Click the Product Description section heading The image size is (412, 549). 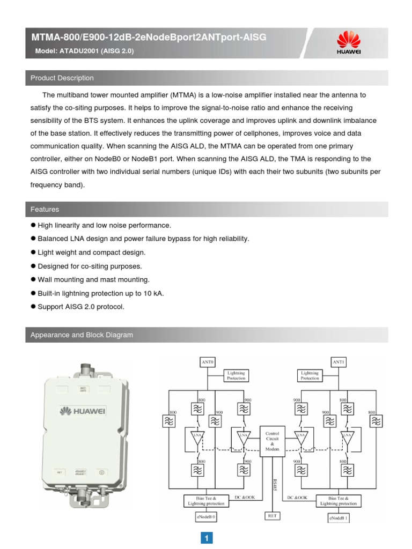[x=62, y=78]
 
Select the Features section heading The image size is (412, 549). [x=45, y=210]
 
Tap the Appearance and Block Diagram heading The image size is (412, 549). [x=82, y=335]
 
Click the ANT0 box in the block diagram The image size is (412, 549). [x=208, y=362]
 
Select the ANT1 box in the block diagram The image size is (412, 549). [x=339, y=362]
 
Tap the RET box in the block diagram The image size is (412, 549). [x=273, y=516]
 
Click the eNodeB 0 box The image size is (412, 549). [x=207, y=517]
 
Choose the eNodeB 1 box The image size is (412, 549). [x=339, y=518]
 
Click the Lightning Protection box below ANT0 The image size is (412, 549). [x=236, y=375]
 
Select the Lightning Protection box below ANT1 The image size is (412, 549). [x=310, y=375]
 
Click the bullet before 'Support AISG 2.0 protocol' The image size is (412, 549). [x=33, y=307]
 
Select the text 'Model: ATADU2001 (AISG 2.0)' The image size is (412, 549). [x=82, y=51]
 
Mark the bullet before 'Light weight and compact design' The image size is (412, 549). [x=33, y=252]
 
